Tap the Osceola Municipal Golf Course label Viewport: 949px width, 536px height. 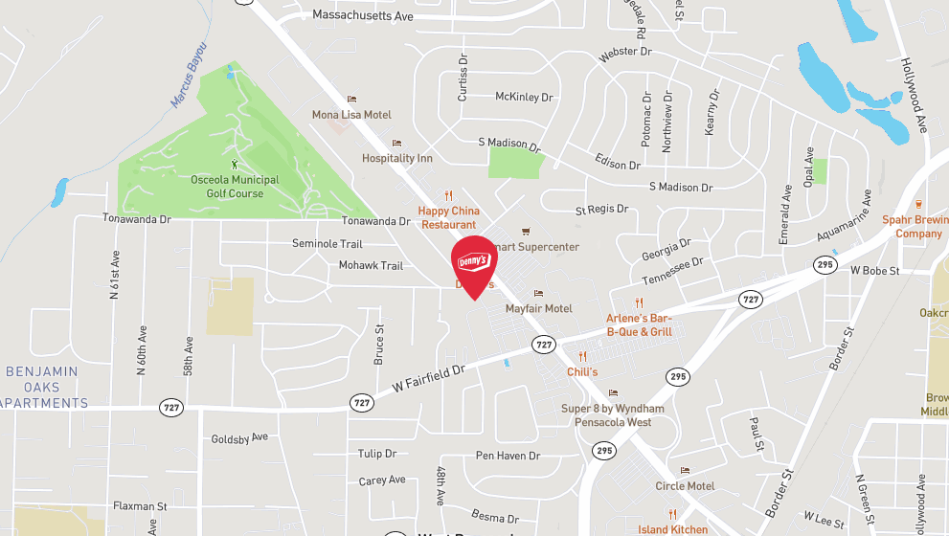coord(235,187)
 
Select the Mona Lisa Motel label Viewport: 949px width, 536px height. coord(351,115)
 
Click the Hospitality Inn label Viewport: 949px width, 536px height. coord(397,158)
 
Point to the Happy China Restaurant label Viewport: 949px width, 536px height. coord(448,217)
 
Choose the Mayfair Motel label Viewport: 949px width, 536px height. coord(539,308)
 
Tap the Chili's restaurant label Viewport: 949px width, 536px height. coord(582,371)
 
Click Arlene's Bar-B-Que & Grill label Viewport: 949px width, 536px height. coord(640,324)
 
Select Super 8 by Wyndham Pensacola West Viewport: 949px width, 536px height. coord(613,415)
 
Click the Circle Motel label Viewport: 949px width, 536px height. coord(685,485)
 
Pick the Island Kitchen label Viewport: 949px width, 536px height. coord(673,529)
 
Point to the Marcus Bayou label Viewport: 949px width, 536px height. coord(189,75)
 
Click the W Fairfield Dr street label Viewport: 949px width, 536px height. coord(428,374)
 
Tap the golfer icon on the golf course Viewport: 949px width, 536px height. coord(235,165)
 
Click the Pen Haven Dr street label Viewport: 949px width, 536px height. coord(508,456)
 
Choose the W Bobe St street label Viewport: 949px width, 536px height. coord(875,271)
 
